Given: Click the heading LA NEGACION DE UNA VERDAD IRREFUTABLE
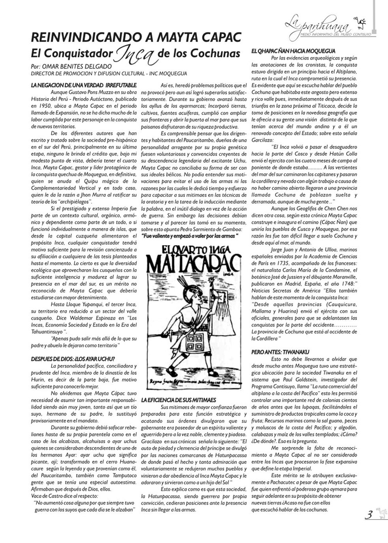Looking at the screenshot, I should tap(84, 85).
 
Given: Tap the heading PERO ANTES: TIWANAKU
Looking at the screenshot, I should tap(280, 352).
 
